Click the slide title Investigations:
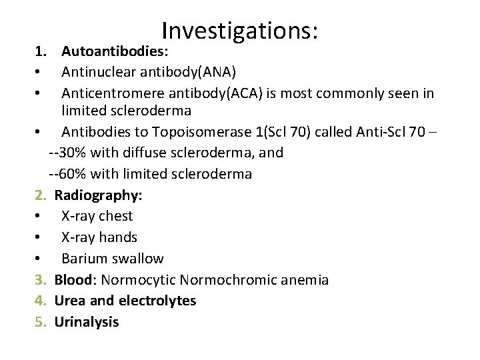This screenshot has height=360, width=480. (240, 30)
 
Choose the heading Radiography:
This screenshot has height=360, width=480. (99, 195)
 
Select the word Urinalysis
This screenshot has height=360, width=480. (87, 322)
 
